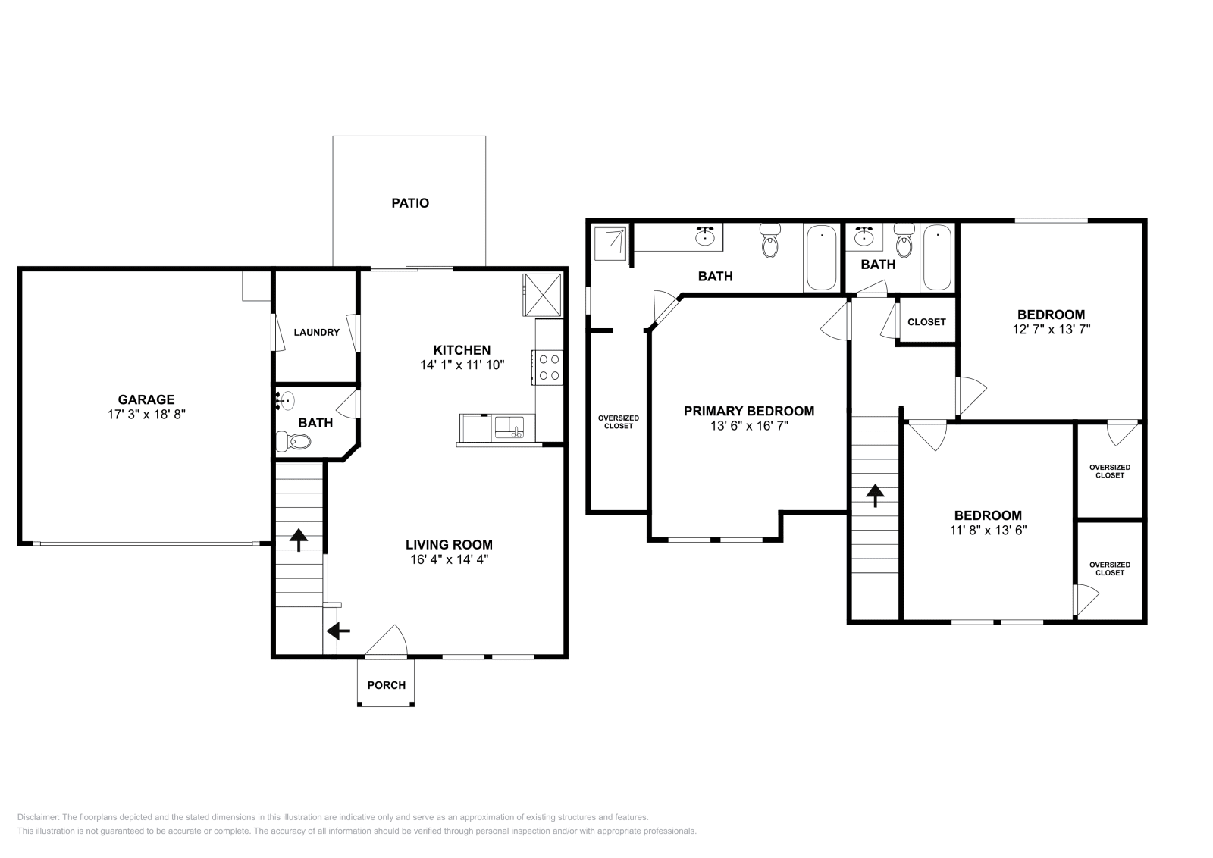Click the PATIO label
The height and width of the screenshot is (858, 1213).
pos(410,203)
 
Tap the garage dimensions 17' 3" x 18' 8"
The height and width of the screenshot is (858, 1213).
pos(146,415)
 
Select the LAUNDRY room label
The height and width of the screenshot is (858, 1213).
pos(316,333)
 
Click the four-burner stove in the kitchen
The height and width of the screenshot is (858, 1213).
pos(547,368)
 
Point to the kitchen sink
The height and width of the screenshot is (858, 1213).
pos(509,427)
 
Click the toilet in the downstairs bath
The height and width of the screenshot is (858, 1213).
pos(293,441)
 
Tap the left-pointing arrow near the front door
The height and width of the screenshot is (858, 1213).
pos(338,631)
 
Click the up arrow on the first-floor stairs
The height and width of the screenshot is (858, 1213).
pos(299,540)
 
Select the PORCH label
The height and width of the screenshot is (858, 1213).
pos(386,685)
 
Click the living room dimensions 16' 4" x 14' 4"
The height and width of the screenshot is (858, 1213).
pos(449,559)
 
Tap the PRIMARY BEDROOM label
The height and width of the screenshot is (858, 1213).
pos(749,411)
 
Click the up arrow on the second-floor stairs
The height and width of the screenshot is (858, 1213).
pos(875,495)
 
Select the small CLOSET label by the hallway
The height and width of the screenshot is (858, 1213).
pos(926,322)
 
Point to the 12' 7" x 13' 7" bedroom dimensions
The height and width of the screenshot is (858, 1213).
pos(1051,330)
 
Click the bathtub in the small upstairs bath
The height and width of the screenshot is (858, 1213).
pos(937,258)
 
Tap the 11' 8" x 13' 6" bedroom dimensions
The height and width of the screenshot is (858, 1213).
pos(989,531)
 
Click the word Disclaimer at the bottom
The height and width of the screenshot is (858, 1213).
pos(37,817)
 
